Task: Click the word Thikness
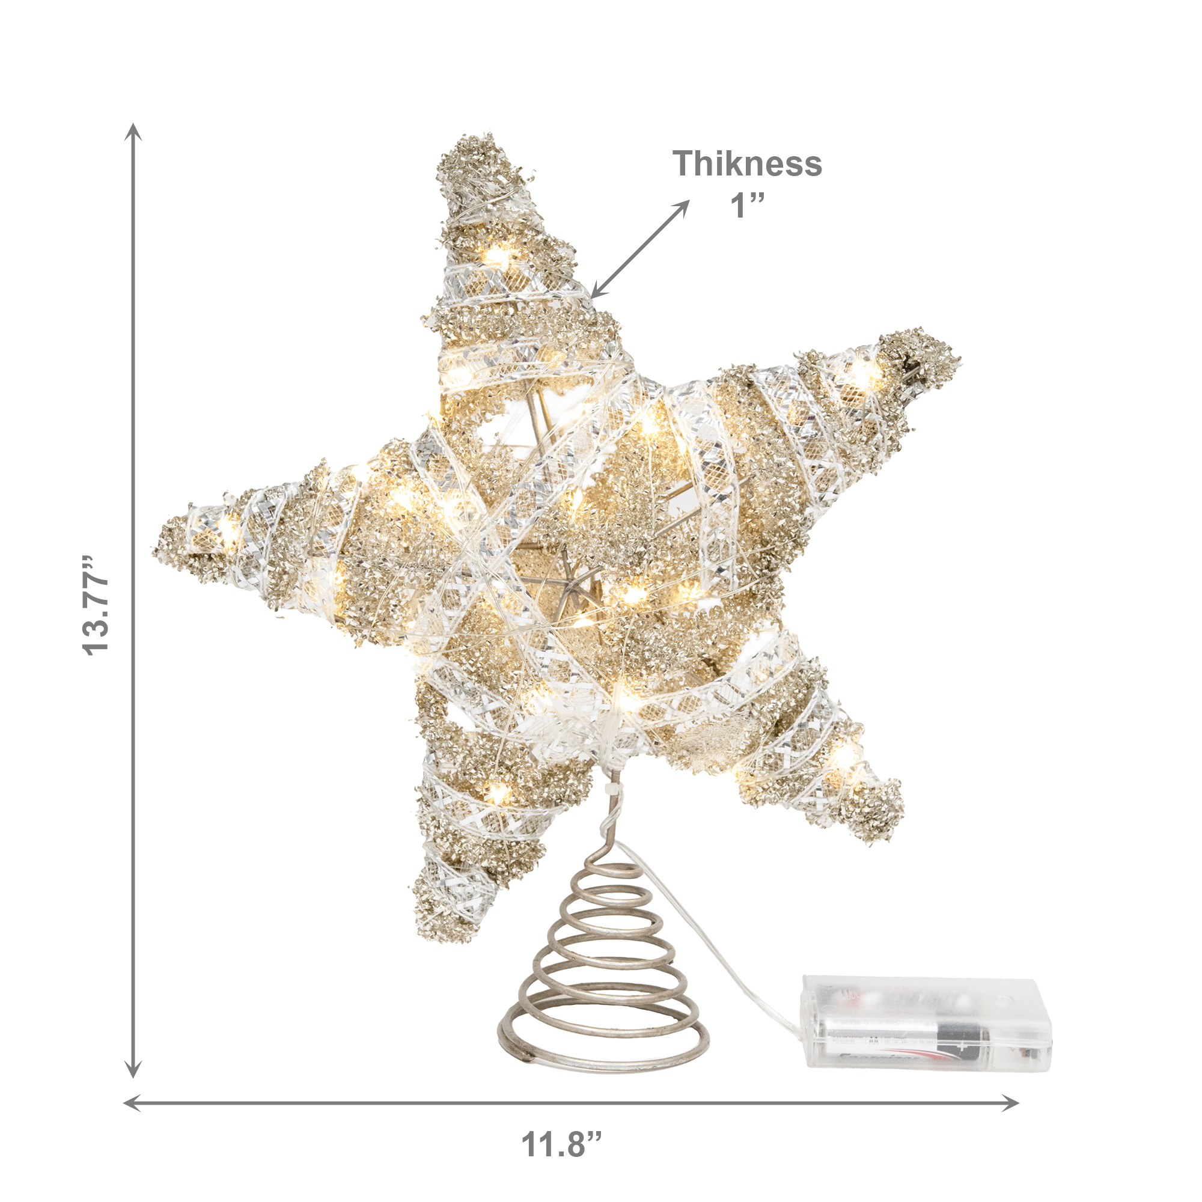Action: pos(747,163)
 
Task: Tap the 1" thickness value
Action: pos(746,206)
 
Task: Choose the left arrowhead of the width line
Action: pos(132,1103)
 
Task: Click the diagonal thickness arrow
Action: pos(640,249)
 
